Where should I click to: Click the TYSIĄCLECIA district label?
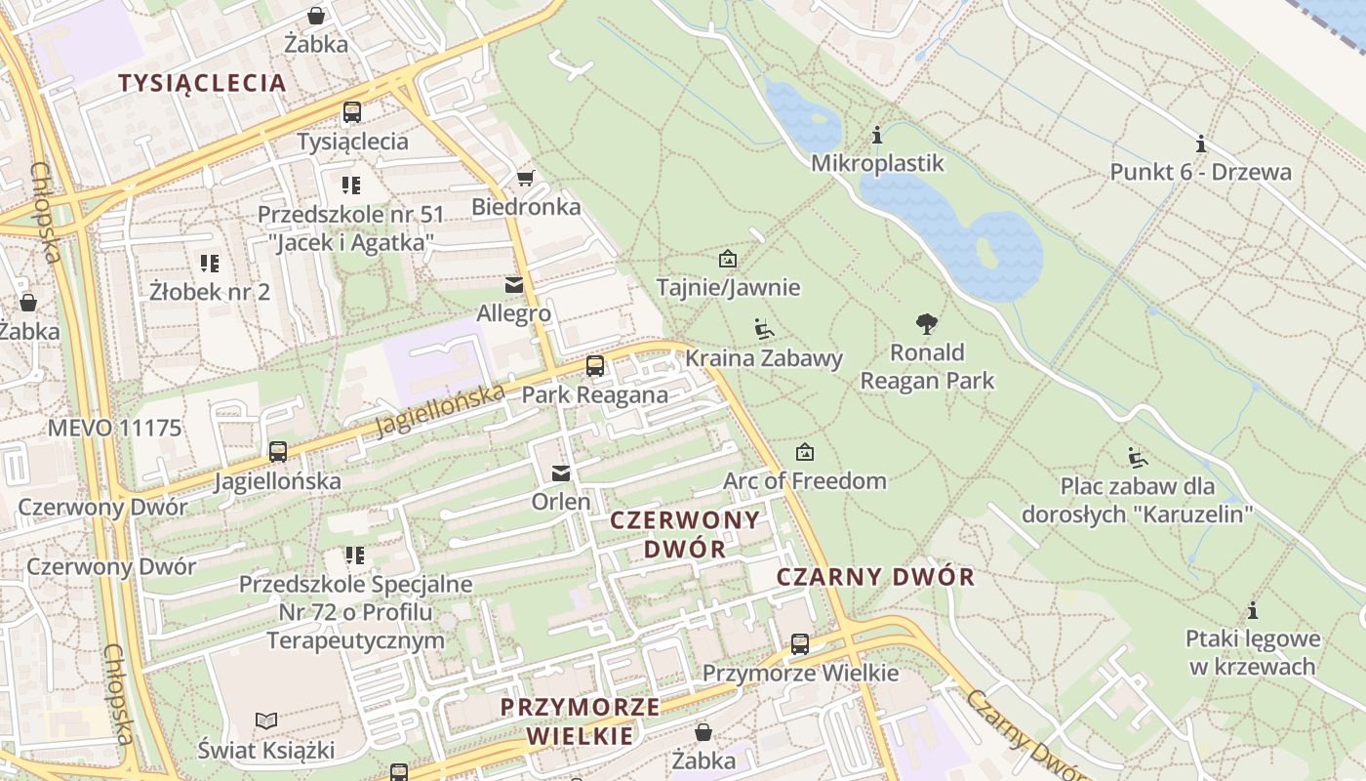click(x=203, y=83)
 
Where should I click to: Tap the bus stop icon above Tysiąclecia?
click(x=352, y=112)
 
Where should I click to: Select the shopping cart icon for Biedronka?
click(x=525, y=178)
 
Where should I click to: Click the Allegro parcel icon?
click(x=513, y=285)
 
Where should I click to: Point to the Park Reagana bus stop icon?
click(x=594, y=366)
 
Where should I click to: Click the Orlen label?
click(x=561, y=502)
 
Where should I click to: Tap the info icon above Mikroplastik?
click(x=877, y=135)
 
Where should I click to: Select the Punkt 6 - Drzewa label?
click(x=1200, y=173)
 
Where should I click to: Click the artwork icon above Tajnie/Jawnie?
click(x=727, y=259)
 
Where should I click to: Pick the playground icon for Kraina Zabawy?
click(x=764, y=329)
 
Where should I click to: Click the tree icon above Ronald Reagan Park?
click(x=926, y=324)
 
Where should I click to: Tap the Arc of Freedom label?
click(x=805, y=480)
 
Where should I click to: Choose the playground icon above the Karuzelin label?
click(x=1137, y=457)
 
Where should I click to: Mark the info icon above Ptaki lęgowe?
click(x=1253, y=611)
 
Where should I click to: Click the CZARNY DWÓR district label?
click(x=875, y=577)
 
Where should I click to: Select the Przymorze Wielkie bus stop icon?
click(x=800, y=644)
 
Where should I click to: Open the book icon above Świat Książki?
click(x=265, y=721)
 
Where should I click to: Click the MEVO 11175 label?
click(x=115, y=428)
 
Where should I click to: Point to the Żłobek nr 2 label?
click(x=210, y=291)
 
